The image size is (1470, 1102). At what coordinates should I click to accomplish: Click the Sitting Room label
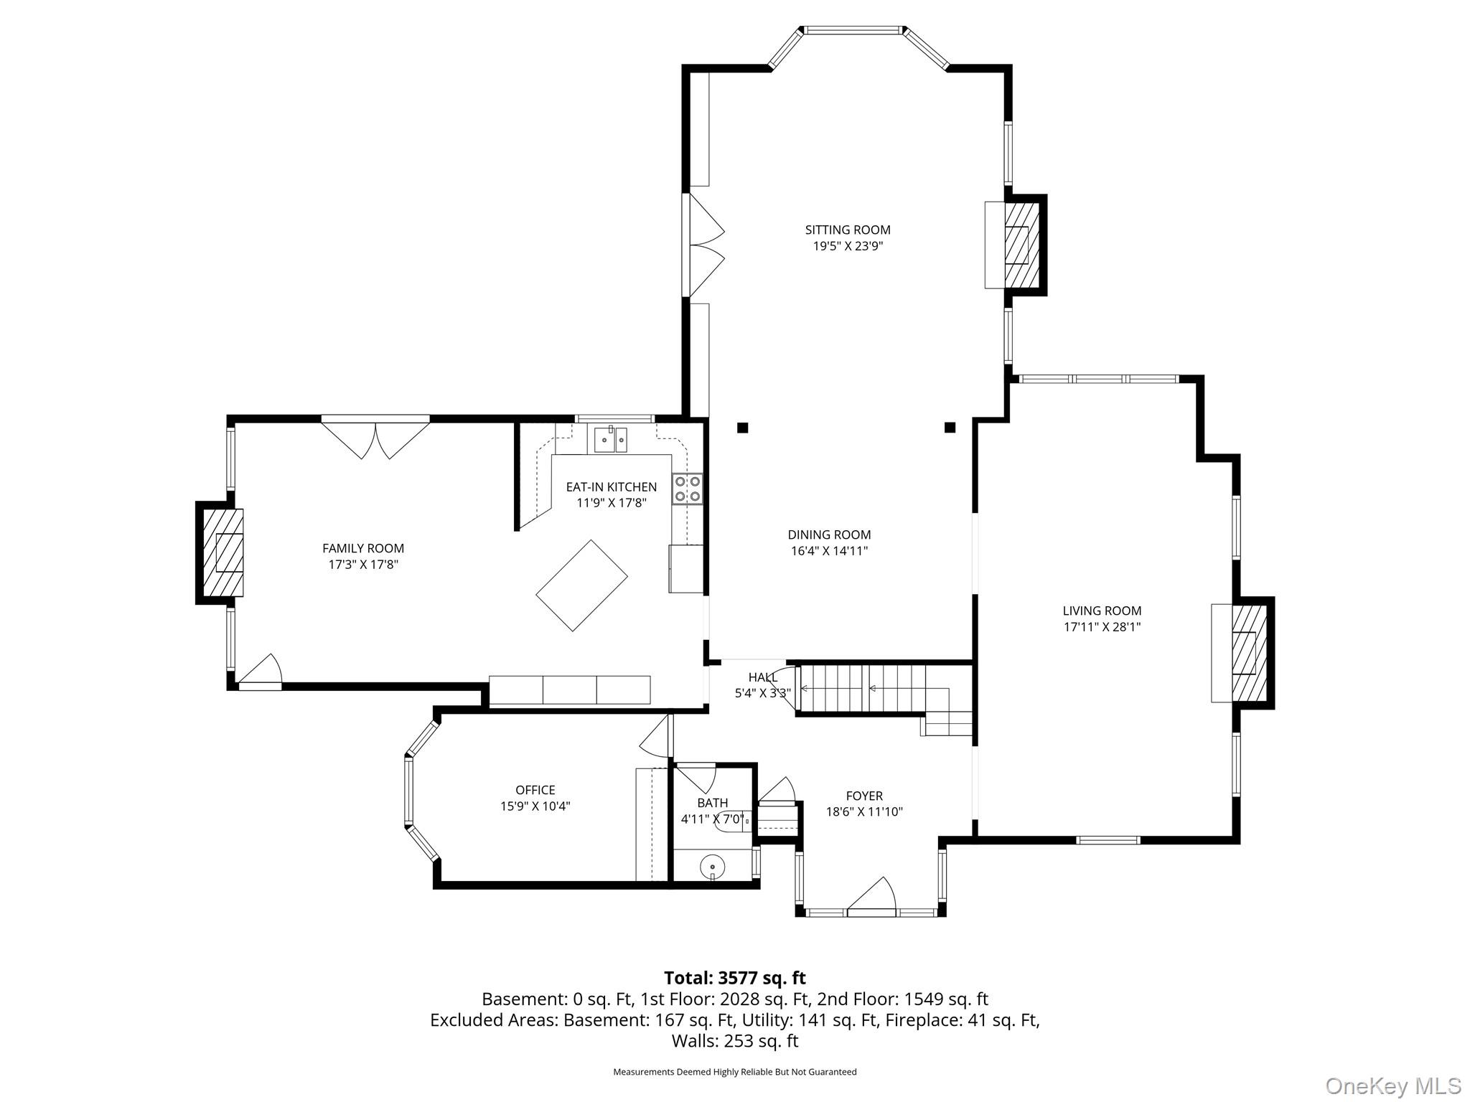point(848,230)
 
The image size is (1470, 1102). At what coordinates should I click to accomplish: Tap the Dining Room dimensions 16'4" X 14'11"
point(829,551)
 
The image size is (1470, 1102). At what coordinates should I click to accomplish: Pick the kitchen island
point(582,585)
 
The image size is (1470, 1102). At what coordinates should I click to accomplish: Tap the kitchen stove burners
point(688,488)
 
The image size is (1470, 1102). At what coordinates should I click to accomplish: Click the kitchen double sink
point(611,438)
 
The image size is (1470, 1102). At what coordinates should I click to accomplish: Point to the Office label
point(535,790)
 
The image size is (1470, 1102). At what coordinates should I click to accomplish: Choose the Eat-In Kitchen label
point(612,487)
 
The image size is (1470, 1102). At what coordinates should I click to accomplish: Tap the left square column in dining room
point(743,428)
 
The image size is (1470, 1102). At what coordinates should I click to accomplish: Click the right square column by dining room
point(950,428)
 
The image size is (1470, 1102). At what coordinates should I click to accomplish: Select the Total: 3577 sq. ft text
point(735,978)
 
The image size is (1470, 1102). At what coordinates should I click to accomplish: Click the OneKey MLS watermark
point(1393,1085)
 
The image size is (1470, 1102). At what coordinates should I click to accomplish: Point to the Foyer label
point(864,796)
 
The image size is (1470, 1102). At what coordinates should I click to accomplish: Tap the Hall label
point(763,677)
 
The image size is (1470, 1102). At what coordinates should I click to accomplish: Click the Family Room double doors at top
point(375,437)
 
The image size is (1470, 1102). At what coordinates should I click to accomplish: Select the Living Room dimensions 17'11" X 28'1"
point(1102,627)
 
